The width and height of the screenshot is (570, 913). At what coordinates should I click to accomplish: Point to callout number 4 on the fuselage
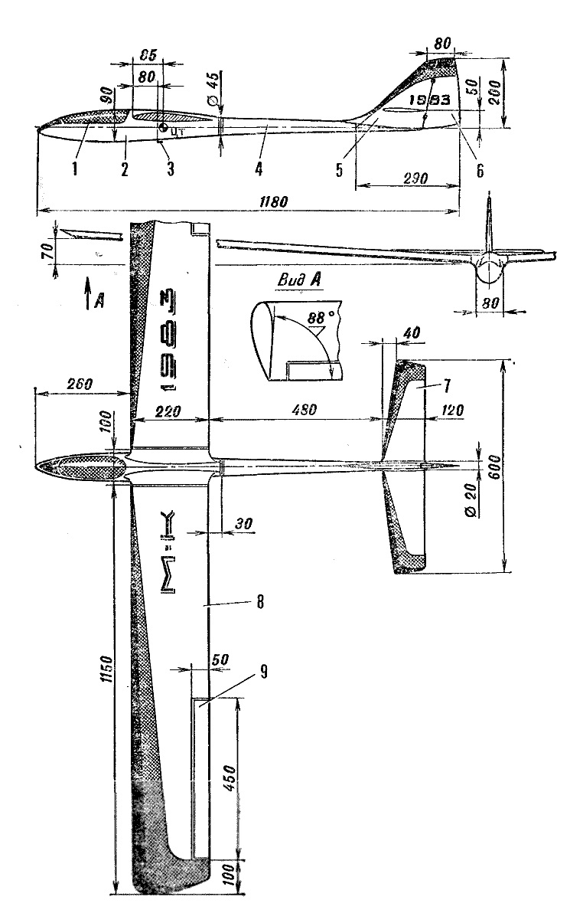pyautogui.click(x=259, y=166)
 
